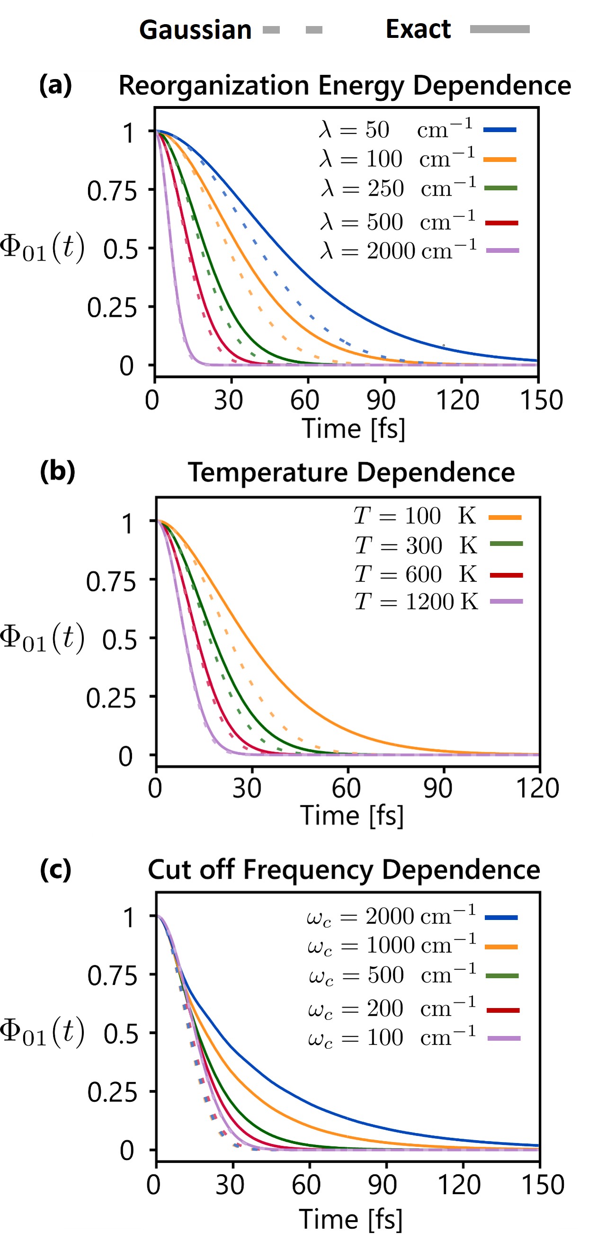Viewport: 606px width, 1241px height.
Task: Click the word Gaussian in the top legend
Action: click(x=195, y=30)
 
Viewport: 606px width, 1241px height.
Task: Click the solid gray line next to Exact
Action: click(x=499, y=29)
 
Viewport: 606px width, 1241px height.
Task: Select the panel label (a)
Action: click(x=55, y=85)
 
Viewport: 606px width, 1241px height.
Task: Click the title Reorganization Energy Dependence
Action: click(x=345, y=85)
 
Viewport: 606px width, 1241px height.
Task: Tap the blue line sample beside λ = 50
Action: click(x=499, y=130)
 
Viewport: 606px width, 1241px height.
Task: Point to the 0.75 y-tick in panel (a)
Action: click(x=112, y=191)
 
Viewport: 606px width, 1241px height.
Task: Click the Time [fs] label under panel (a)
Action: click(x=353, y=429)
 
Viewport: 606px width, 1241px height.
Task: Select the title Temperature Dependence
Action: click(x=351, y=472)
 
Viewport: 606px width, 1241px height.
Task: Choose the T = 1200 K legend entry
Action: click(x=416, y=602)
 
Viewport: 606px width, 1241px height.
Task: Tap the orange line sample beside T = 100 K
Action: click(x=505, y=518)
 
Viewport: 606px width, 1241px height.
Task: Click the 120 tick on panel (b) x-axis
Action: click(x=537, y=789)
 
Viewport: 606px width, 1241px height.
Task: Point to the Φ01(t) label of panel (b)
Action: click(x=42, y=638)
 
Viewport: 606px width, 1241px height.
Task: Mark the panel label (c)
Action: click(x=55, y=870)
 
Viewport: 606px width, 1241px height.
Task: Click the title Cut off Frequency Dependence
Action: click(x=343, y=870)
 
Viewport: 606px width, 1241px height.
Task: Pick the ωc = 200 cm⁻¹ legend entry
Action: click(x=392, y=1009)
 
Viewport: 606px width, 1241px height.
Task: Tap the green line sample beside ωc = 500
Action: click(x=501, y=976)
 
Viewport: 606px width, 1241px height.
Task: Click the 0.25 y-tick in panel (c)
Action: click(x=112, y=1092)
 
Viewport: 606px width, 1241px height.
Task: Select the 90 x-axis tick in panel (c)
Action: click(x=383, y=1185)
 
